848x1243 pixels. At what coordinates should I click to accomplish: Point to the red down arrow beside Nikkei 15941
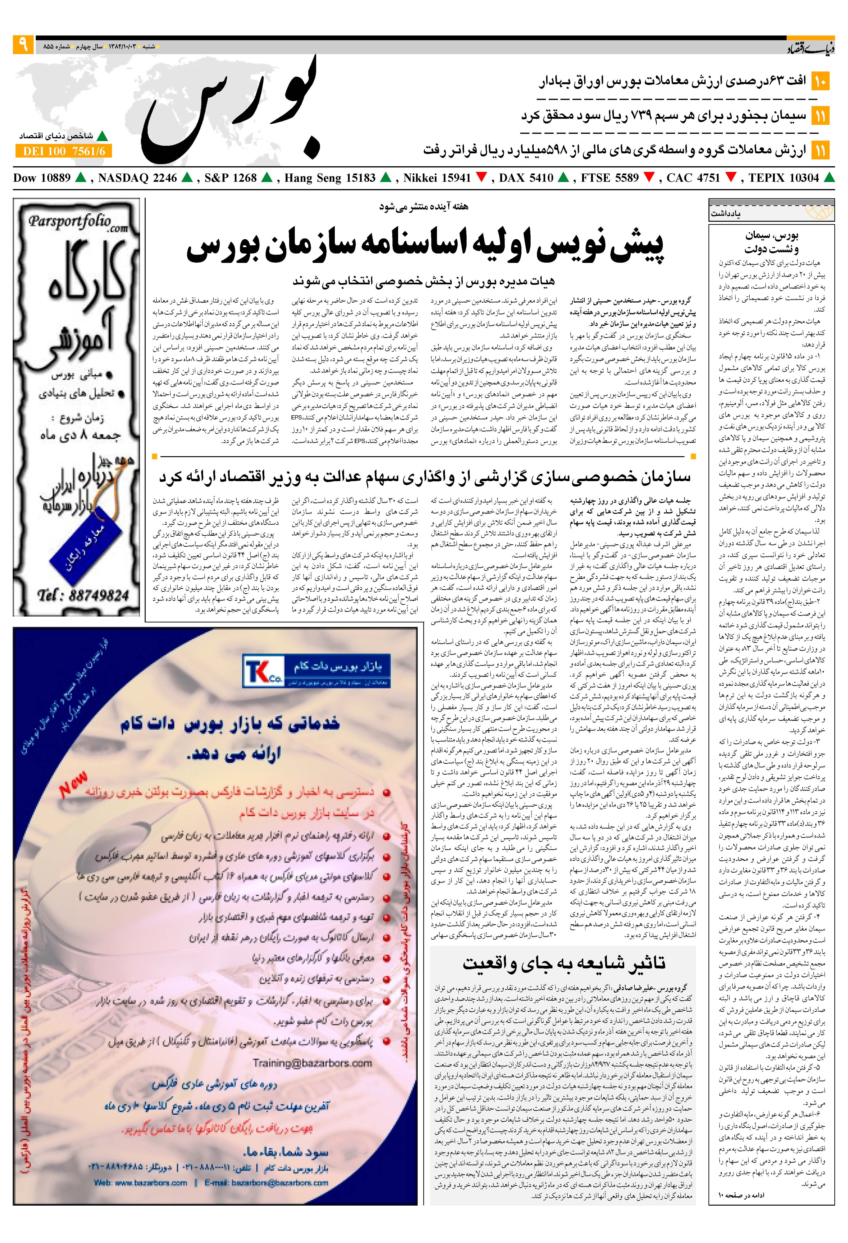pos(480,178)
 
